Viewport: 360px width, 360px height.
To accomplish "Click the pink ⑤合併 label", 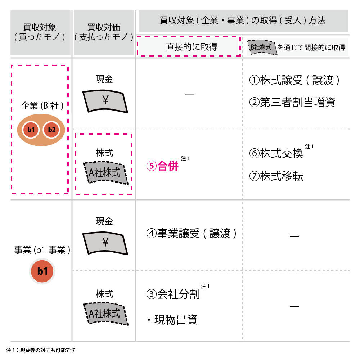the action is [x=162, y=166].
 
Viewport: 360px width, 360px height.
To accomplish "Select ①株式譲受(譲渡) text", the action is [x=294, y=80].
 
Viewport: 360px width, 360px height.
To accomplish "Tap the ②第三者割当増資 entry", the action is [x=292, y=102].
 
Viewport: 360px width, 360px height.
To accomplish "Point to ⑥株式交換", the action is [x=276, y=153].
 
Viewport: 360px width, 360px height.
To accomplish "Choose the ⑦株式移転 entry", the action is [x=276, y=176].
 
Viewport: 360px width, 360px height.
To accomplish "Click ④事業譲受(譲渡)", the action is [x=192, y=234].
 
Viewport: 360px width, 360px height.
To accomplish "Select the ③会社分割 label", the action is [x=173, y=294].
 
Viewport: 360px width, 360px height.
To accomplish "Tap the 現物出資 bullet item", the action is [x=172, y=320].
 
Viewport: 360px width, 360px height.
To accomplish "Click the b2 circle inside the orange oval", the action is [x=51, y=130].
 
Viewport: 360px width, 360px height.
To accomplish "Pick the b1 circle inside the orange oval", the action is [x=31, y=130].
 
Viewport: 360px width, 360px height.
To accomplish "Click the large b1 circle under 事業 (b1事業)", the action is [x=42, y=271].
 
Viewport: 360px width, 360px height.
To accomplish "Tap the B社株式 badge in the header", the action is [x=262, y=47].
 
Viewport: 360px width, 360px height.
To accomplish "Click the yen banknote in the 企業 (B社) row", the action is [x=105, y=101].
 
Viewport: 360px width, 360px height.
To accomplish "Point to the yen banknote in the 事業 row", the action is [x=105, y=243].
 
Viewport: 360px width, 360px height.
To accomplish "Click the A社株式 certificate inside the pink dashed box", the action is [x=105, y=173].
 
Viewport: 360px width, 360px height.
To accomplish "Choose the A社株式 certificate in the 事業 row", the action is [x=105, y=314].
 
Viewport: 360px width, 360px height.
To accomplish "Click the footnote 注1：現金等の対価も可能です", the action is [x=41, y=350].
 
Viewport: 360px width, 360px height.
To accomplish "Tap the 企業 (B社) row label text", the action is [x=42, y=106].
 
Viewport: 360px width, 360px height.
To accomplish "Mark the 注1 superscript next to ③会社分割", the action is [x=205, y=286].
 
